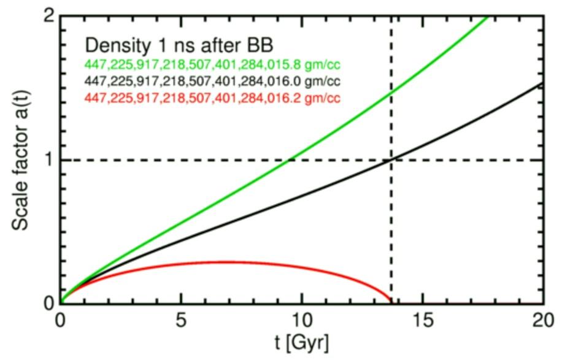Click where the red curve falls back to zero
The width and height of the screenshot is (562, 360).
(x=391, y=302)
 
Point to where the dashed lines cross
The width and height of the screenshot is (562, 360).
(x=391, y=160)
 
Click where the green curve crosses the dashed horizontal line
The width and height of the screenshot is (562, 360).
(x=290, y=160)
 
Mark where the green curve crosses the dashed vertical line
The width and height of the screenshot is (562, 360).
(x=391, y=91)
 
